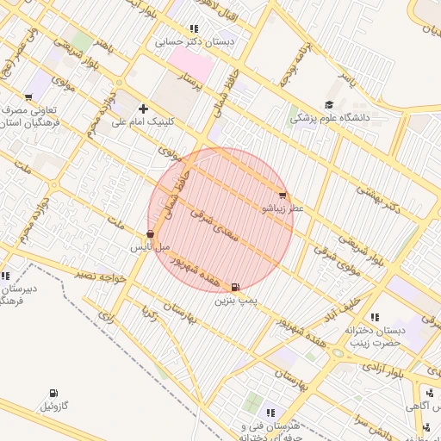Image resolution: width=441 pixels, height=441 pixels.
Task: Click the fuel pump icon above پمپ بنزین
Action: (x=236, y=287)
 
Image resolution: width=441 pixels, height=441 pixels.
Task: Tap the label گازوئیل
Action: (x=59, y=405)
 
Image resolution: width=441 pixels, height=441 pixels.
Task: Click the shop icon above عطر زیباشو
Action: (x=283, y=196)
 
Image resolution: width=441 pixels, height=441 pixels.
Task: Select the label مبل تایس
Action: (x=146, y=247)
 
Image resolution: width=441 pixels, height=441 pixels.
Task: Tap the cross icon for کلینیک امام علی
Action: (x=143, y=109)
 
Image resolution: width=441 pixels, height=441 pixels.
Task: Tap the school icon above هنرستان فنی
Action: (x=271, y=414)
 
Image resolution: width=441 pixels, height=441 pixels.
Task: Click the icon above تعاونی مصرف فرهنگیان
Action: (x=30, y=98)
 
